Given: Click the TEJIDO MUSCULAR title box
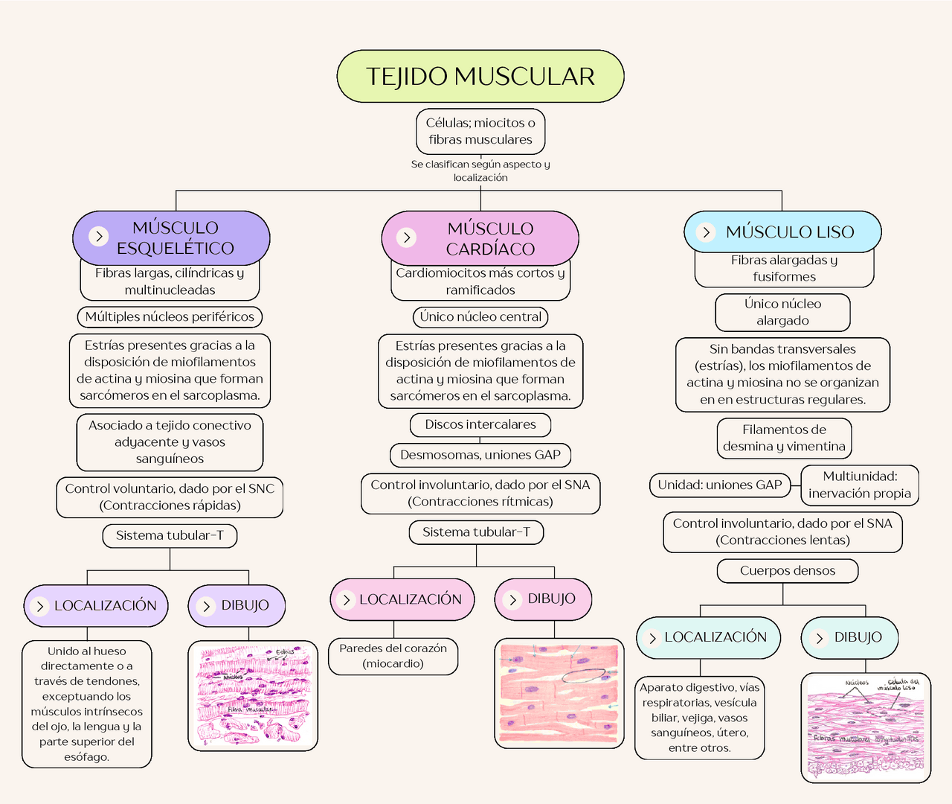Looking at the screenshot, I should pos(480,76).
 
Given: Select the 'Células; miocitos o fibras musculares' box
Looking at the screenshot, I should pos(480,131).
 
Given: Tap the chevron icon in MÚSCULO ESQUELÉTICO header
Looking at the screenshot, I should pos(99,236).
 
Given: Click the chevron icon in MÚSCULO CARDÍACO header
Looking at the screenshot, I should pos(406,237).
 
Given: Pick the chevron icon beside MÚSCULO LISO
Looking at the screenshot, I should pos(706,232).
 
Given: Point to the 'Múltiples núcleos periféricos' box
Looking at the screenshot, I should pos(170,316).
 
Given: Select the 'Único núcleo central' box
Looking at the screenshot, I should pos(480,316).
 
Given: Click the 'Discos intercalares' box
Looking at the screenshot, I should pos(480,424).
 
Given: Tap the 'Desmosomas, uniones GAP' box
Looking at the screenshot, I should pos(480,455).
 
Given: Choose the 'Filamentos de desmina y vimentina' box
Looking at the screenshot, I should pos(784,438).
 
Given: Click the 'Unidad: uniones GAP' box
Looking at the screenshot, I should pos(719,485).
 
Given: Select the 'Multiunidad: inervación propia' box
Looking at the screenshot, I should pos(860,485).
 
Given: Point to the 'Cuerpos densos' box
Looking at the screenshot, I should pos(787,571).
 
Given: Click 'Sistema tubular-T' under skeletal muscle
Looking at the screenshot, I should pos(170,535).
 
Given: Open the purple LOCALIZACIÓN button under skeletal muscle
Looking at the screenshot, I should pos(96,605).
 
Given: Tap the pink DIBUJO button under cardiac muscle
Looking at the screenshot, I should pos(543,599).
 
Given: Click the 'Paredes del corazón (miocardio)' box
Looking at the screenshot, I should pos(393,656).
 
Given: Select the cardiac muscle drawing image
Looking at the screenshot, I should pos(559,693).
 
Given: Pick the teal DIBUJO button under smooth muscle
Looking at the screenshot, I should pos(849,637).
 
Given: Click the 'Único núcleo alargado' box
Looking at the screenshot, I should pos(782,312).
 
